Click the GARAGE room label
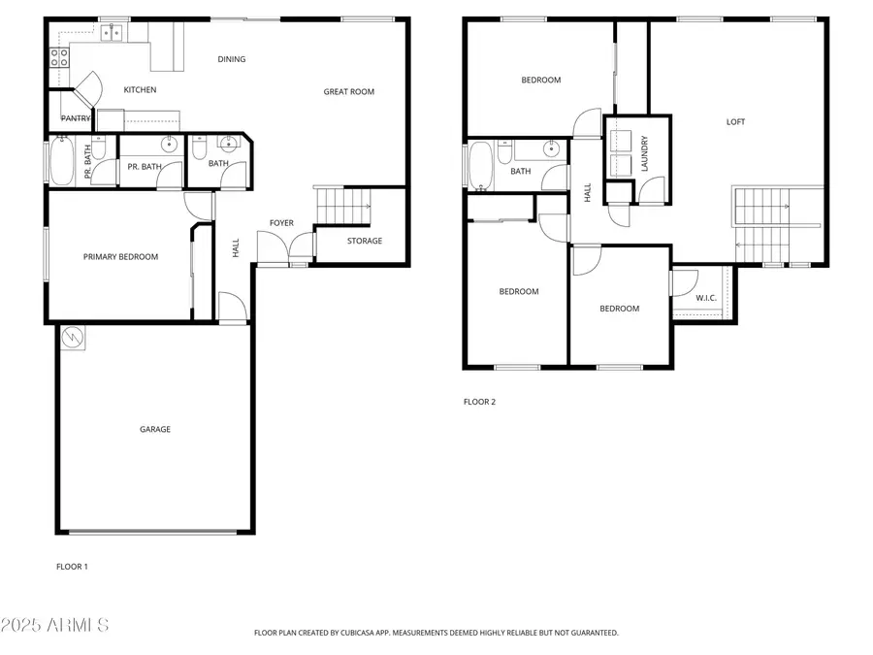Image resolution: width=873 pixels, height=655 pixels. click(155, 429)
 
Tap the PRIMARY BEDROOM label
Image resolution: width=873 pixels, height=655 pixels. click(120, 257)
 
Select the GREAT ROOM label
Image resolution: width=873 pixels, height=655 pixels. click(348, 92)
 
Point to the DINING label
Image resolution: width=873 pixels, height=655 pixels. click(232, 59)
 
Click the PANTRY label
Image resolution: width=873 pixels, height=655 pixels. click(76, 118)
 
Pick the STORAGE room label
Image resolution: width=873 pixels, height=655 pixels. click(365, 241)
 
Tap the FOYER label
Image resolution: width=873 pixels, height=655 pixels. click(281, 223)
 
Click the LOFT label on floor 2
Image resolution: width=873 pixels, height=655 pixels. click(736, 122)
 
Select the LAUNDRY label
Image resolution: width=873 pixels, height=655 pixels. click(644, 153)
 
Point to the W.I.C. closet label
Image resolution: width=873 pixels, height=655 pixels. click(705, 298)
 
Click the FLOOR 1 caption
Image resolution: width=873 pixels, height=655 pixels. click(72, 566)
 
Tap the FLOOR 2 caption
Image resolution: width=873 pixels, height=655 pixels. click(479, 402)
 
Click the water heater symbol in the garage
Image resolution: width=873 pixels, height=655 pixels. click(73, 338)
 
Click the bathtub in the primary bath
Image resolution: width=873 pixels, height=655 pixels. click(60, 162)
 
